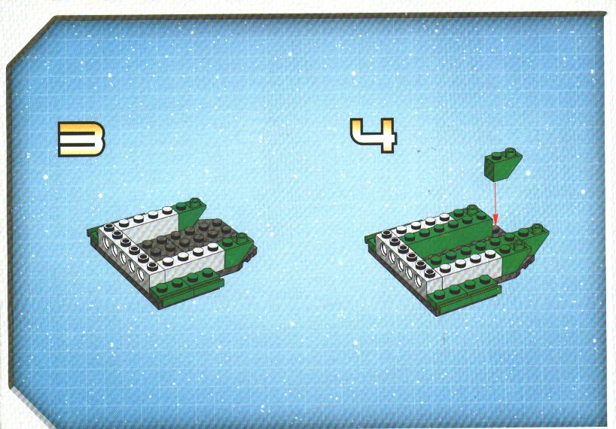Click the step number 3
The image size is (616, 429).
click(81, 139)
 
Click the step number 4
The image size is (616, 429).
click(374, 135)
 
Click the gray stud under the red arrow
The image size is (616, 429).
click(496, 230)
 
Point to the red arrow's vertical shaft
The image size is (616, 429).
click(495, 197)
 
